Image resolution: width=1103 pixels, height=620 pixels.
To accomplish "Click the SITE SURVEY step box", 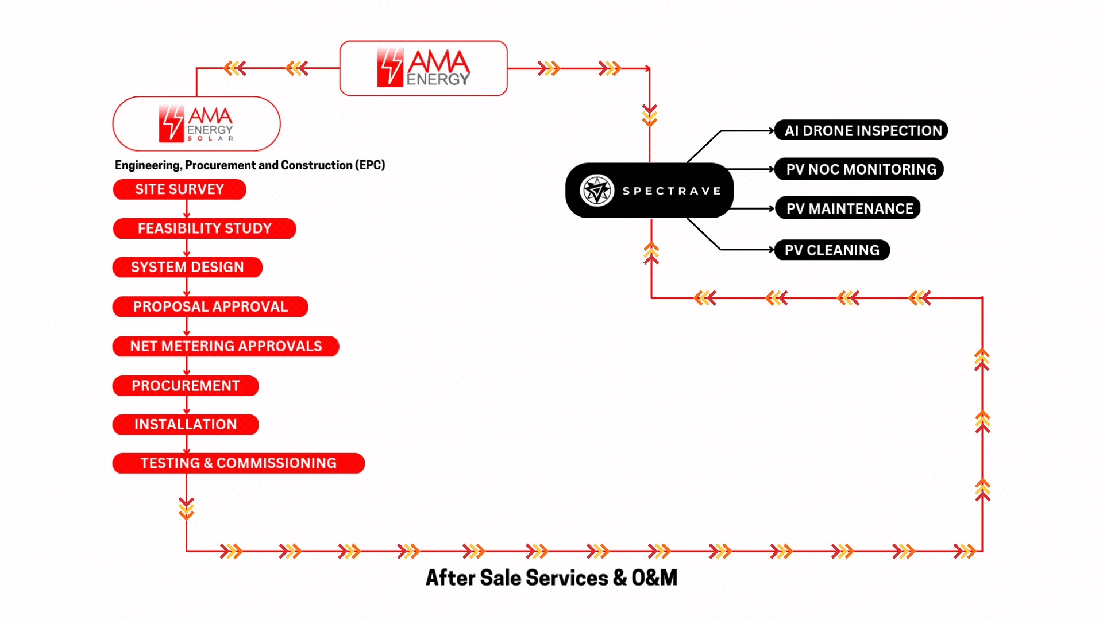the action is tap(179, 189).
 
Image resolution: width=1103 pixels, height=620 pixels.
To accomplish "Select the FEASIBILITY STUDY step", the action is tap(205, 228).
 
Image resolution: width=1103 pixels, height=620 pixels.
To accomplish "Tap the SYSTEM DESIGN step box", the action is tap(187, 267).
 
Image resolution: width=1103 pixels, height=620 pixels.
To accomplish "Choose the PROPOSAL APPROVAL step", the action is tap(210, 307).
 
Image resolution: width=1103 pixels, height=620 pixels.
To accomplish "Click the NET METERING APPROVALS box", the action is tap(226, 346).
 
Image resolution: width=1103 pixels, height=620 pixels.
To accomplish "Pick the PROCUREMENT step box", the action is tap(186, 386).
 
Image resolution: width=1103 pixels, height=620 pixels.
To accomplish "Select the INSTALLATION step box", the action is tap(186, 424).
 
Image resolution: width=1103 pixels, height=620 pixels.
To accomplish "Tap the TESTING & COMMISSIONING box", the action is tap(238, 463).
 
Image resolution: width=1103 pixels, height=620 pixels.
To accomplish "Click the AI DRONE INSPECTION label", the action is tap(861, 130).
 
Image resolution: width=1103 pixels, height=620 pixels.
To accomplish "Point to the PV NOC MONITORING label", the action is tap(859, 169).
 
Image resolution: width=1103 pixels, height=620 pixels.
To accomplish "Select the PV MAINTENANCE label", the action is tap(847, 208).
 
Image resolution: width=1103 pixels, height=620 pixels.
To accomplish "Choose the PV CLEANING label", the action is tap(832, 250).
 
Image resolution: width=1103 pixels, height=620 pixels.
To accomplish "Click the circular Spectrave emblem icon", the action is tap(597, 191).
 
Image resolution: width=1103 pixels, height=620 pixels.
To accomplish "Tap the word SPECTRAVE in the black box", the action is tap(672, 191).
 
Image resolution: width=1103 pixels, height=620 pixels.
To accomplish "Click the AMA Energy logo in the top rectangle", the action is tap(423, 68).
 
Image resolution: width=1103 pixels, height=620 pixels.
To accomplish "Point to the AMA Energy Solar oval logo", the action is tap(196, 123).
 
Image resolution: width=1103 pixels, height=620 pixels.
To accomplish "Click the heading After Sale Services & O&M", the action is tap(551, 578).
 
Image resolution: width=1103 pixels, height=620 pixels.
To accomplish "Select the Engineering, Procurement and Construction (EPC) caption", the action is tap(250, 165).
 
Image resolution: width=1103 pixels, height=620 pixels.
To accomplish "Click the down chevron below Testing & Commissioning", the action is tap(186, 509).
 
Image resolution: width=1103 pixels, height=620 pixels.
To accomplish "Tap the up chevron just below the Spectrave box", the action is tap(651, 253).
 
